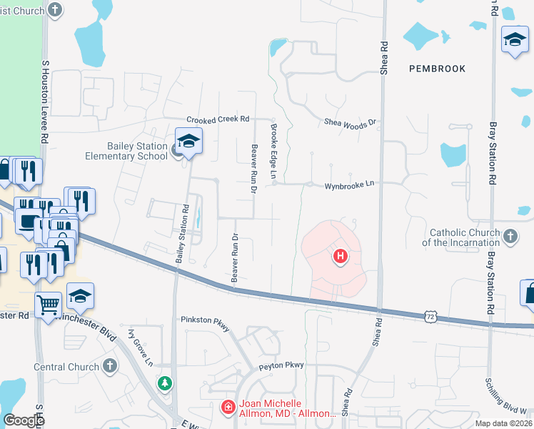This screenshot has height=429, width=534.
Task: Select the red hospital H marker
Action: click(341, 255)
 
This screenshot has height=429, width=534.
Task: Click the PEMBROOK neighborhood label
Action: click(438, 69)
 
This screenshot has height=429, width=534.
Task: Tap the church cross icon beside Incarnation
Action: click(510, 235)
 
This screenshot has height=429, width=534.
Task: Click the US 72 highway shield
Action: click(429, 315)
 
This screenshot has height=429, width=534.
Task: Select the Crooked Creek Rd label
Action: click(218, 119)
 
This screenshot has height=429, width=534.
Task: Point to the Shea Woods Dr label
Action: click(350, 123)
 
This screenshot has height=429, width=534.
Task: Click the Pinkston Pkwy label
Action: click(206, 322)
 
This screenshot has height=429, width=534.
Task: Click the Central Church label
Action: click(66, 367)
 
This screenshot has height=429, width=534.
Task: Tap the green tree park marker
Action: click(166, 383)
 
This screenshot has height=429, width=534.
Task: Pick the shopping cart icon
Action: click(49, 305)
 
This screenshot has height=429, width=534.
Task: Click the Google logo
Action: click(24, 420)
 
